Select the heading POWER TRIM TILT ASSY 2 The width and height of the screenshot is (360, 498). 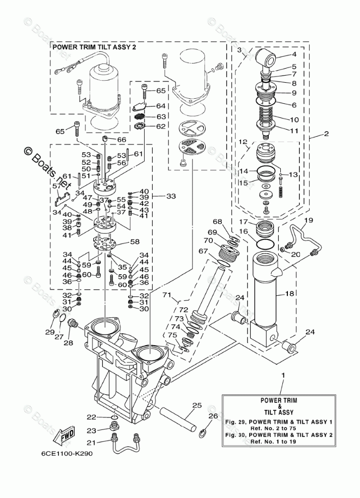click(94, 47)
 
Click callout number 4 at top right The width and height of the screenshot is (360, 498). click(294, 54)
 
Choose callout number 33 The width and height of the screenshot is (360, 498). click(171, 196)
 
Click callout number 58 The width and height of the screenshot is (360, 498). click(135, 242)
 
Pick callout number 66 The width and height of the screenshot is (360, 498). click(122, 140)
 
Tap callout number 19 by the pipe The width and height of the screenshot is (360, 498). click(309, 219)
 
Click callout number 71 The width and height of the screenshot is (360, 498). click(167, 294)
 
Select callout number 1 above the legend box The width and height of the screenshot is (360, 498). click(283, 376)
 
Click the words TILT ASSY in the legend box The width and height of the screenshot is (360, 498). click(279, 412)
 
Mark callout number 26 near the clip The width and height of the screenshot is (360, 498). click(213, 416)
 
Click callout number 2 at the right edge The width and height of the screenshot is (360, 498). click(326, 134)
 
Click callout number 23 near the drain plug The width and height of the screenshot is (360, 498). click(91, 430)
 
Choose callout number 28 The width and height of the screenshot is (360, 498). click(69, 343)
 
